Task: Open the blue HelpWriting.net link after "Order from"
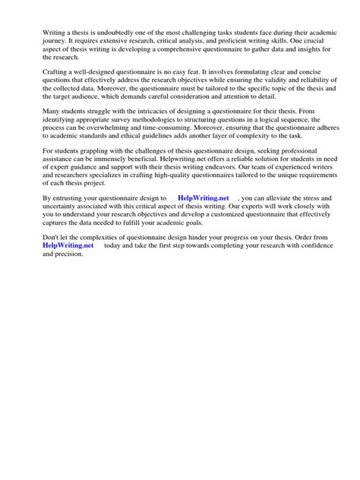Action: click(68, 245)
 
